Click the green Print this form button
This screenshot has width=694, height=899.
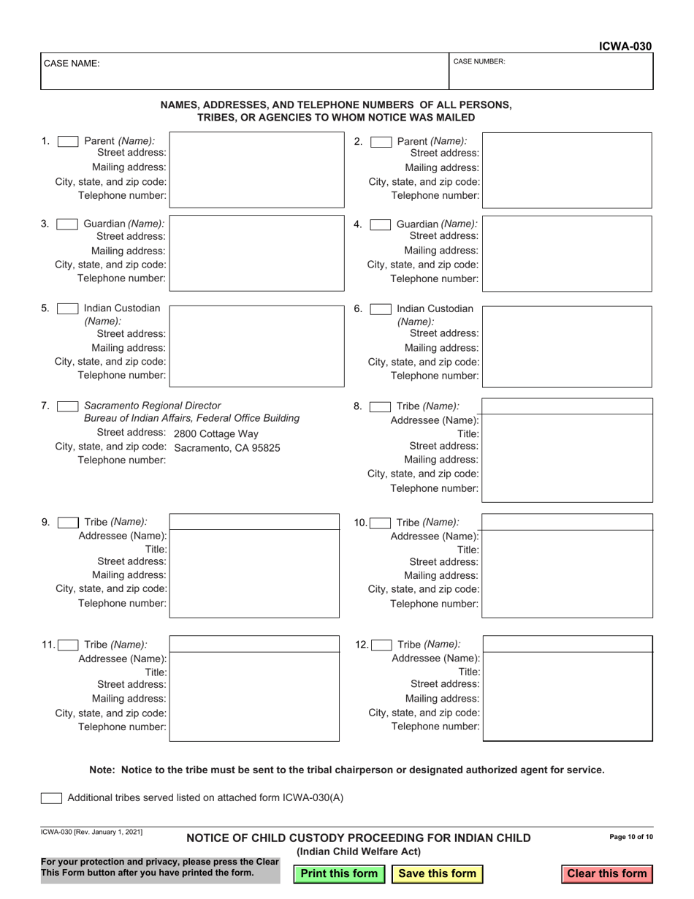[x=339, y=873]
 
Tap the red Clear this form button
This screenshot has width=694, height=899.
[x=606, y=873]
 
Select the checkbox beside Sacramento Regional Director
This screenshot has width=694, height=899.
[x=68, y=406]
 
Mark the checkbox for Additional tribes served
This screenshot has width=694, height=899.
[x=51, y=798]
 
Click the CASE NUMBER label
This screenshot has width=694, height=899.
[x=479, y=62]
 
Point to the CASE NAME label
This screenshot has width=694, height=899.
[x=72, y=64]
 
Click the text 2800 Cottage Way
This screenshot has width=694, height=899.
[x=216, y=434]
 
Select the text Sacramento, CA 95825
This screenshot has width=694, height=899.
[x=227, y=448]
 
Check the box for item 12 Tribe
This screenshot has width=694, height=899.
[x=381, y=645]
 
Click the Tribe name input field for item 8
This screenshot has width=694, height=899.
[x=567, y=406]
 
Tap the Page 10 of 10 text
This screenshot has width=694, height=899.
[x=630, y=838]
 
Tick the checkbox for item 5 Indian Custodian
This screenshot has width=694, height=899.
[x=68, y=308]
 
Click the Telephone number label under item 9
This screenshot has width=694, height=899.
[x=122, y=603]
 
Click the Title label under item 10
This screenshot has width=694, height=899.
[x=468, y=550]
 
